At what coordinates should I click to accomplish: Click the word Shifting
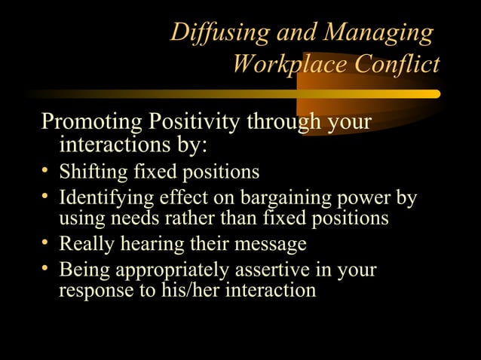coord(93,172)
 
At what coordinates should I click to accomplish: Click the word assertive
coord(284,270)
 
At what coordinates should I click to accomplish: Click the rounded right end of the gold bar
coord(435,94)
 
